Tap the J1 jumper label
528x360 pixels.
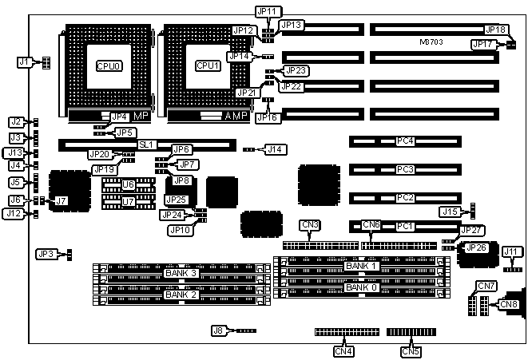coord(24,61)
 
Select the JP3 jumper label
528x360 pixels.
coord(46,254)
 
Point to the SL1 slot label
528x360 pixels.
coord(145,144)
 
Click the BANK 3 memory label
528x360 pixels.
coord(180,273)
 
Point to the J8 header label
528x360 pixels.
coord(218,330)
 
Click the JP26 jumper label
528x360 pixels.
coord(477,248)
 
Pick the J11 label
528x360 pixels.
coord(511,252)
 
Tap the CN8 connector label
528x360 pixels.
coord(509,303)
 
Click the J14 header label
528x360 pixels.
coord(276,149)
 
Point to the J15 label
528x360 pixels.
coord(451,212)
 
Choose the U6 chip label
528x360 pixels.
coord(128,184)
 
